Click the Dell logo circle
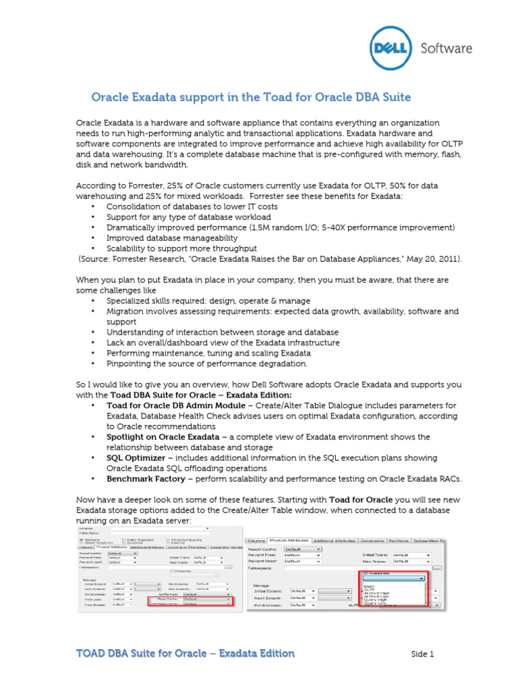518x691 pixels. [391, 48]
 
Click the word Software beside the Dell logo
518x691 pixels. [447, 49]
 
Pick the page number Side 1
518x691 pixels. [423, 654]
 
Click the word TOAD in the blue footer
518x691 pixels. [92, 653]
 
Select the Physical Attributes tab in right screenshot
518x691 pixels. [289, 541]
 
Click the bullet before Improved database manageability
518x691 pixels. [92, 238]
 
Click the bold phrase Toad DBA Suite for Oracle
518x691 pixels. [149, 395]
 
